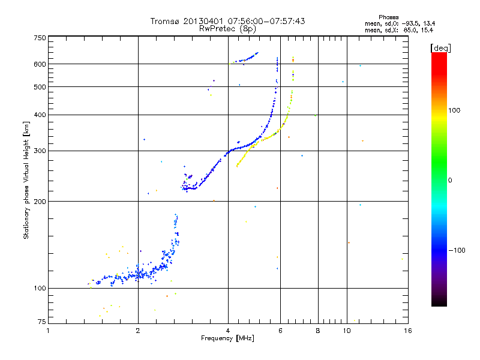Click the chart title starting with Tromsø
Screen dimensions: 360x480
click(227, 21)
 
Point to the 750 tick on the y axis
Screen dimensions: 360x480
click(40, 38)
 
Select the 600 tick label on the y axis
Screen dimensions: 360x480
click(40, 64)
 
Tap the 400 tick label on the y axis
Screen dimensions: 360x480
click(40, 115)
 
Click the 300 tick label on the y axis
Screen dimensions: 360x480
click(40, 151)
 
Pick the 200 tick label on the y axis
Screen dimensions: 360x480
click(40, 202)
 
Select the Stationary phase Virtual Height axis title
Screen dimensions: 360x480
click(26, 180)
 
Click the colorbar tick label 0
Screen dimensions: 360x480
click(451, 180)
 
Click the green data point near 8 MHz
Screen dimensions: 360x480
click(316, 115)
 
